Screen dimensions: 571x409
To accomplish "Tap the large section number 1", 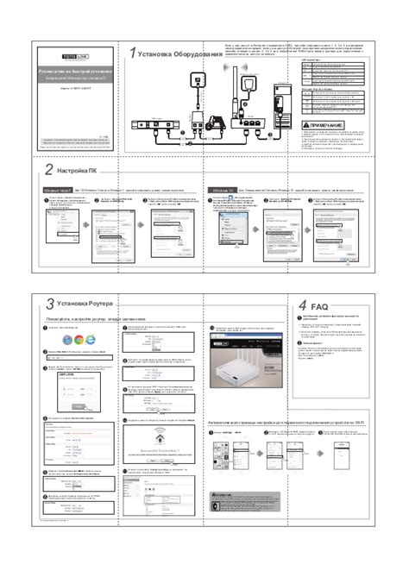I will [132, 54].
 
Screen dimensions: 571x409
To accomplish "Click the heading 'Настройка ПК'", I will [75, 172].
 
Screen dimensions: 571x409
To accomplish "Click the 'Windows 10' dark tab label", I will [223, 189].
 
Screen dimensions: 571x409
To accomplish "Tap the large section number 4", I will [303, 306].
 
